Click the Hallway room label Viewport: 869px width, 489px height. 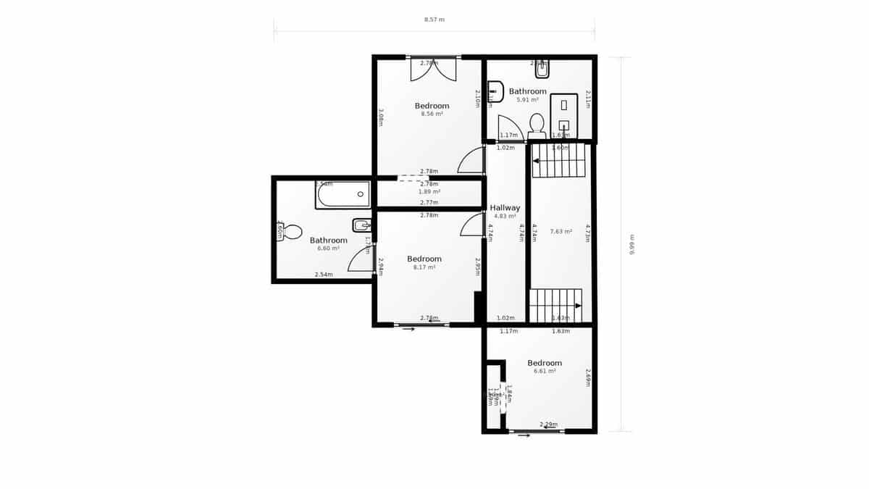click(505, 208)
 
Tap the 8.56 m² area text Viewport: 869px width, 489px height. click(432, 114)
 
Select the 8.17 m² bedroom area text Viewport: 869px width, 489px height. click(424, 267)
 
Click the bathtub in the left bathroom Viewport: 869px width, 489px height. click(343, 195)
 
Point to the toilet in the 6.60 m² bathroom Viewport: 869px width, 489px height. click(290, 232)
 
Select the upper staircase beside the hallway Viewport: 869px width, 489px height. click(558, 161)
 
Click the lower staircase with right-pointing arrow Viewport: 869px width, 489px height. click(555, 305)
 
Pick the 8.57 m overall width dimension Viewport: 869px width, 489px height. click(434, 20)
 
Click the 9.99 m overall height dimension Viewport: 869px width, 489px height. click(631, 244)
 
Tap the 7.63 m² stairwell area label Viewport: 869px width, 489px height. click(561, 232)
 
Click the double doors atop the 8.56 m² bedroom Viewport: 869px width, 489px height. click(433, 69)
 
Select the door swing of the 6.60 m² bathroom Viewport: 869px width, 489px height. click(362, 259)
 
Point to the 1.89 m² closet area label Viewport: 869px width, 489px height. click(429, 192)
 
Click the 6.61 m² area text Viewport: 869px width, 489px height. click(545, 371)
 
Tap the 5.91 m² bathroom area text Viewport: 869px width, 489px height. click(527, 99)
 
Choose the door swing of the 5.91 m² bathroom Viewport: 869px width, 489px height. click(510, 129)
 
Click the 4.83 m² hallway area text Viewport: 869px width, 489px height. click(505, 216)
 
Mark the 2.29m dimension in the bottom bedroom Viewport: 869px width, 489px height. click(548, 424)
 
